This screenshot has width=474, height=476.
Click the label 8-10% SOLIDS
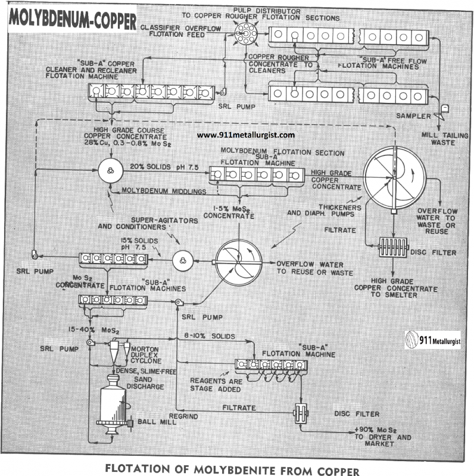[206, 336]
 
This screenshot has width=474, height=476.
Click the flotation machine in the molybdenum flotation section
[256, 174]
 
